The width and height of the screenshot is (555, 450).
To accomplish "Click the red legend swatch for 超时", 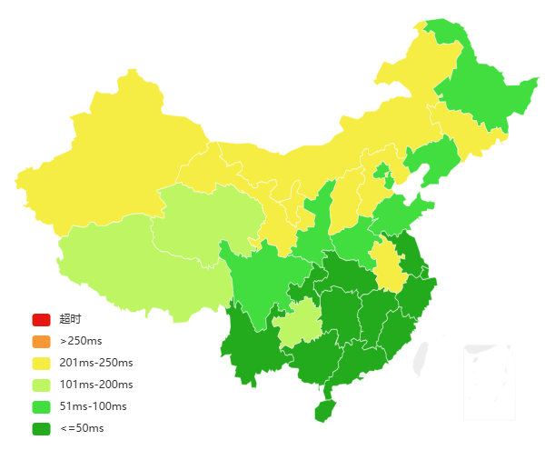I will point(41,319).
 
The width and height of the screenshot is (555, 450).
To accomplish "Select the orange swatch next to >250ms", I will point(41,341).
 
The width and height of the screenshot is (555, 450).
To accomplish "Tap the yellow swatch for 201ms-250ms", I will point(41,363).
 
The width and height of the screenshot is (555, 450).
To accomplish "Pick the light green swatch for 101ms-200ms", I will point(41,385).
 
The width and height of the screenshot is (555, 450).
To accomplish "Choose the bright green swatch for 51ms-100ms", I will point(41,406).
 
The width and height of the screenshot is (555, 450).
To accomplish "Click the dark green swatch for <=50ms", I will point(41,428).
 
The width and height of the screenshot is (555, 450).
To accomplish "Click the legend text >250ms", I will point(79,341).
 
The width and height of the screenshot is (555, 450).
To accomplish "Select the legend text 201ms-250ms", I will point(96,363).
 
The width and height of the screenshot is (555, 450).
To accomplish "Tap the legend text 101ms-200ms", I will point(96,385).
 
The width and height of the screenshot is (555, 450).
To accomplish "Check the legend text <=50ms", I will point(82,428).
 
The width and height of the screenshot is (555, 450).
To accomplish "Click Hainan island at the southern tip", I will point(324,411).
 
